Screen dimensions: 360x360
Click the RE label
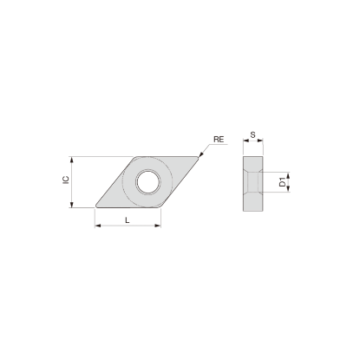point(219,139)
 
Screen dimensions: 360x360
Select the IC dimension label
point(67,180)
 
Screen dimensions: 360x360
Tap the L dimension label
point(128,220)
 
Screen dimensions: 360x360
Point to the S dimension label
point(253,134)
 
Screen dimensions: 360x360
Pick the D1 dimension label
point(283,182)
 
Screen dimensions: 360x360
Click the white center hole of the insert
point(148,182)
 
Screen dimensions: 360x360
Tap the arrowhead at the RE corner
point(200,155)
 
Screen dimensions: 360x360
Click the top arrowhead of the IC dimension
point(72,160)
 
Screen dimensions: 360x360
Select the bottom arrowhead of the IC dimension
point(72,205)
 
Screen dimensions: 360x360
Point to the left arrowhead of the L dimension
point(98,226)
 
